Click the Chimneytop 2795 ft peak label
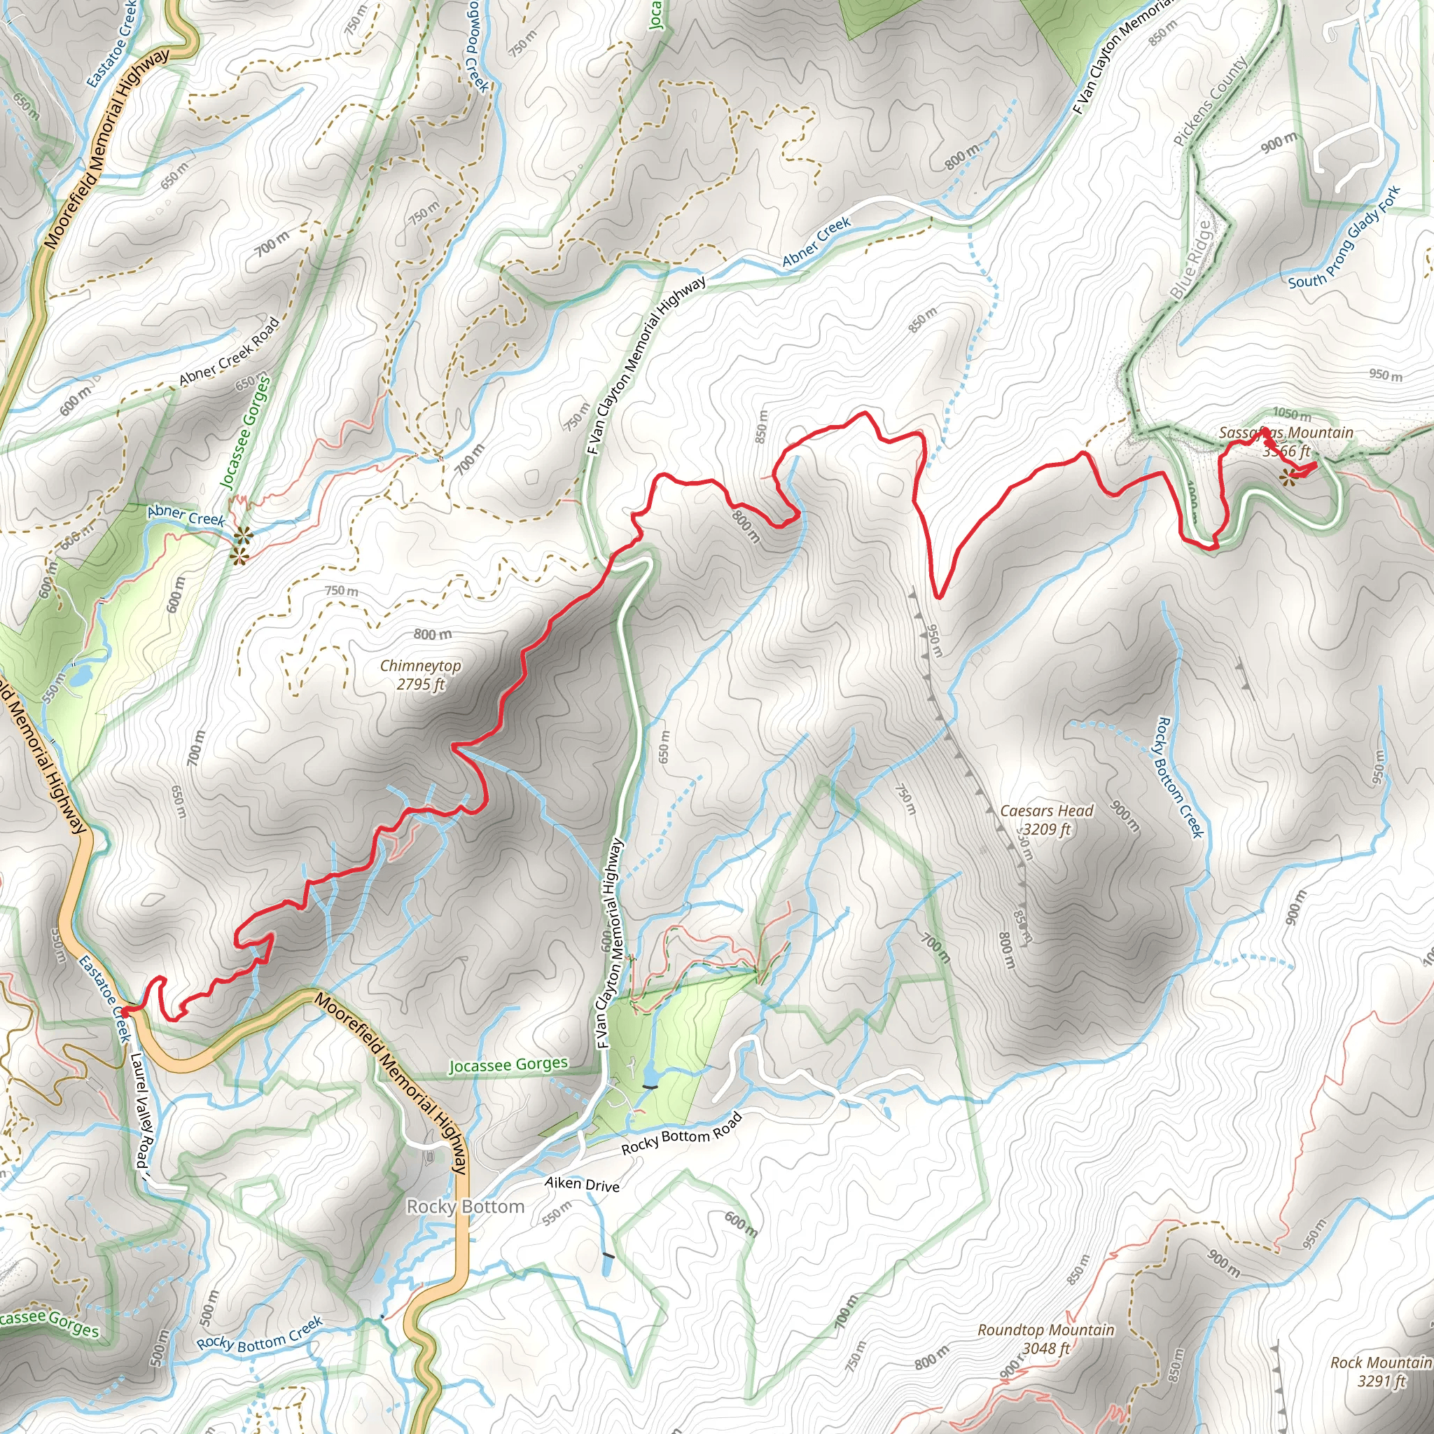(420, 675)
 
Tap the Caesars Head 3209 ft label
(1047, 819)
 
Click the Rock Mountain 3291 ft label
(1381, 1372)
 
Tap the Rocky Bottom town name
(466, 1207)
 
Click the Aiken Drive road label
(582, 1184)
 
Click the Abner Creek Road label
(230, 351)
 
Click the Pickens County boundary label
(1210, 102)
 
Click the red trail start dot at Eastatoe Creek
(125, 1011)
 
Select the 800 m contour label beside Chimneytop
(433, 634)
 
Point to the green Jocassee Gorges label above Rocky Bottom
(508, 1065)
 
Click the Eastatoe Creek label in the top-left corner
(111, 43)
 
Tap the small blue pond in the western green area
(82, 675)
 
